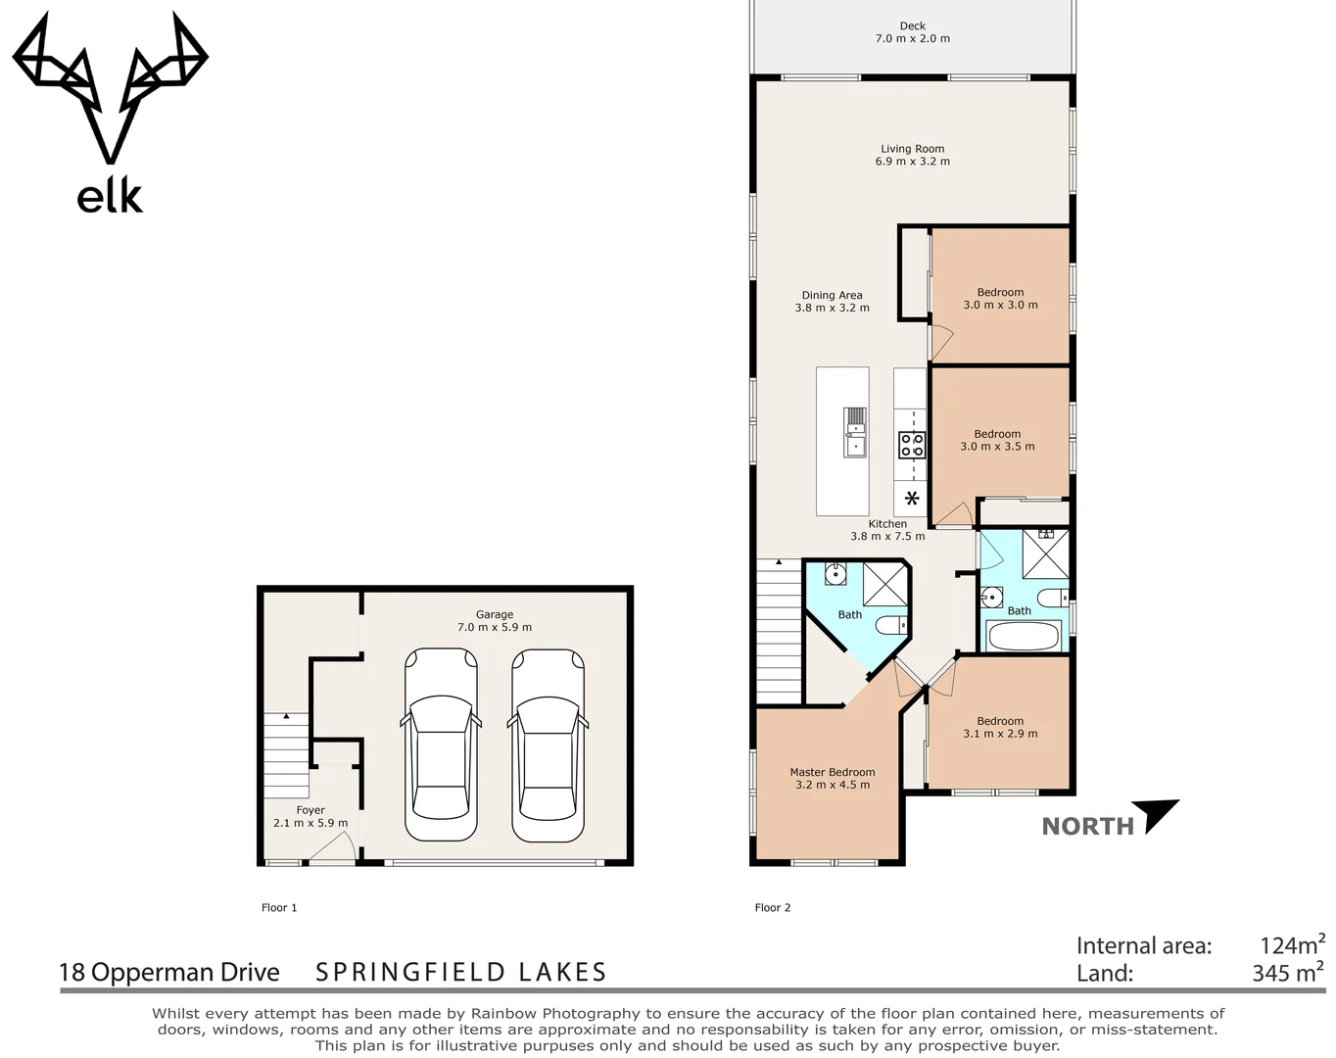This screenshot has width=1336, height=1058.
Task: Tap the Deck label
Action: point(912,32)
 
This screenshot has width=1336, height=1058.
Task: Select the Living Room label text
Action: point(912,155)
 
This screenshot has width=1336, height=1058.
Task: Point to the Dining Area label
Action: point(832,301)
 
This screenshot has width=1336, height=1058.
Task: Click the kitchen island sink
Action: point(855,433)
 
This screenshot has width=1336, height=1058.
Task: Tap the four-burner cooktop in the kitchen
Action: point(912,446)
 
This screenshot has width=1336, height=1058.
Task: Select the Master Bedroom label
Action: point(832,778)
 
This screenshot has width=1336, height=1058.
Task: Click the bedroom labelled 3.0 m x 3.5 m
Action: point(997,440)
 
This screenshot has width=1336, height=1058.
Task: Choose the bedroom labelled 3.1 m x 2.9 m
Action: point(999,727)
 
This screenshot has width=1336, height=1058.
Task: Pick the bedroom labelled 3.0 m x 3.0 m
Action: point(1000,298)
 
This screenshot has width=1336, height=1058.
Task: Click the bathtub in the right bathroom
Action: point(1024,637)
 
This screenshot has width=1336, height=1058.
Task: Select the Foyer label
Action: point(310,816)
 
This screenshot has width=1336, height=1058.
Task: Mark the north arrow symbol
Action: point(1160,815)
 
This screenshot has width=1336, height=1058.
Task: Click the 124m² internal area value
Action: point(1291,944)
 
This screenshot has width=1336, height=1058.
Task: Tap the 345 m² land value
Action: point(1287,973)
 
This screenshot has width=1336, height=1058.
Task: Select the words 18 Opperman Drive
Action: point(169,972)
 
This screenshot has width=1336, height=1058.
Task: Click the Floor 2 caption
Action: point(772,907)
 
